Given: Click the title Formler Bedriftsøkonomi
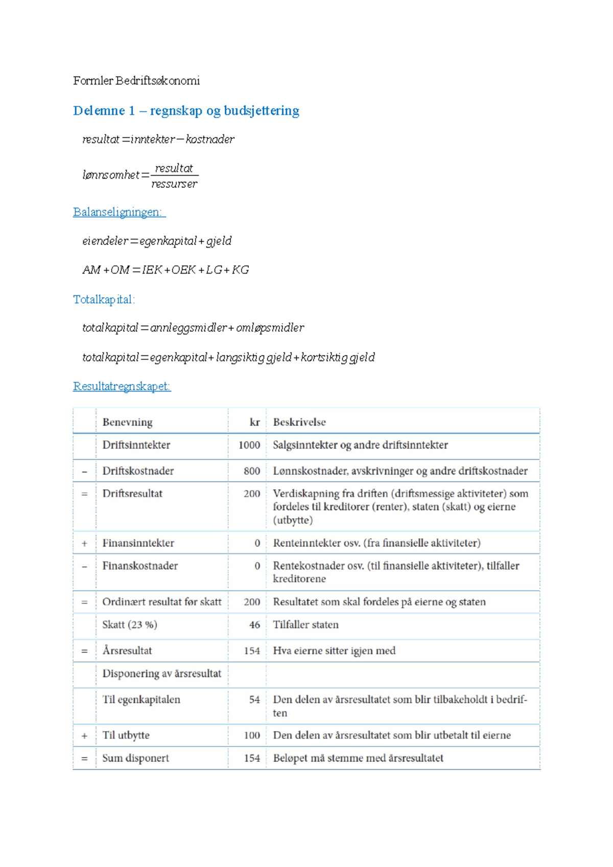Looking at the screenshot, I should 136,81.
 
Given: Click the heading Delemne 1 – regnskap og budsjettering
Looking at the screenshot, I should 186,111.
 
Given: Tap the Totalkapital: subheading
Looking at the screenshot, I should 104,299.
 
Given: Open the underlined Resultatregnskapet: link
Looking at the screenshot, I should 122,386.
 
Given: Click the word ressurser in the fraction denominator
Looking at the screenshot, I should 174,184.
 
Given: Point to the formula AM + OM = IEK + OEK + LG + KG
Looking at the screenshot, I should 166,270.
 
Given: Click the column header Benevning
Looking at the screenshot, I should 127,422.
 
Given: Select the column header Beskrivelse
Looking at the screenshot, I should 299,422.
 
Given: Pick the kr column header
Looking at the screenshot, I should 254,422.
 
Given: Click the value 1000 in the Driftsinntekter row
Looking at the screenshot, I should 249,445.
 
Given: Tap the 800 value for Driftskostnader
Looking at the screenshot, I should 252,471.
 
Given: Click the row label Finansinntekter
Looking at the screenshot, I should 138,543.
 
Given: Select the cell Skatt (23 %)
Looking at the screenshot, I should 130,625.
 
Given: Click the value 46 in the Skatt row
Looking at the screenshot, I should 254,625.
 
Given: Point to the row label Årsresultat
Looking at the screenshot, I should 127,651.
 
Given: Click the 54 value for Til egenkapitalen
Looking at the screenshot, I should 254,700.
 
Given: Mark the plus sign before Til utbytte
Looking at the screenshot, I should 84,736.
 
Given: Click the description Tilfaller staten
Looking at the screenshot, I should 305,625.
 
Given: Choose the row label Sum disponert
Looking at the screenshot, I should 135,758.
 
